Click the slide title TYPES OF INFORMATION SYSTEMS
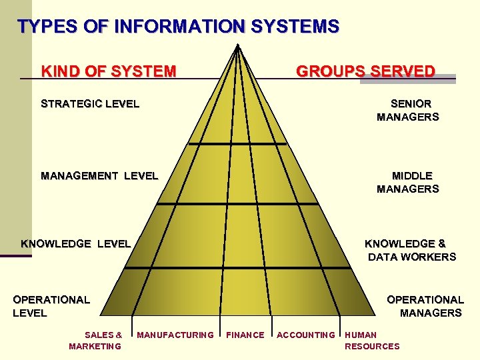pyautogui.click(x=179, y=27)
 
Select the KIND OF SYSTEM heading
pyautogui.click(x=109, y=71)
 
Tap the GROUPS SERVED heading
pyautogui.click(x=365, y=71)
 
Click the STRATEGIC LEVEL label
pyautogui.click(x=90, y=103)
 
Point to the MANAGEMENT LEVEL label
pyautogui.click(x=99, y=176)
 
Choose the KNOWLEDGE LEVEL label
pyautogui.click(x=76, y=243)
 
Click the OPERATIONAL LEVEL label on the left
pyautogui.click(x=51, y=306)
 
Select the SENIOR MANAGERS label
pyautogui.click(x=408, y=110)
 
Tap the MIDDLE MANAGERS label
pyautogui.click(x=408, y=182)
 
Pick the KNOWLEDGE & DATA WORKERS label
pyautogui.click(x=409, y=250)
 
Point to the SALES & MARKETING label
pyautogui.click(x=96, y=340)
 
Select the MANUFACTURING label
pyautogui.click(x=175, y=335)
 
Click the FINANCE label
pyautogui.click(x=245, y=335)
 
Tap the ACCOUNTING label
pyautogui.click(x=306, y=335)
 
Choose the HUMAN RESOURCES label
pyautogui.click(x=371, y=340)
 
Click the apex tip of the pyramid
pyautogui.click(x=237, y=45)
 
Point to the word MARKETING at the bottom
pyautogui.click(x=95, y=346)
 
